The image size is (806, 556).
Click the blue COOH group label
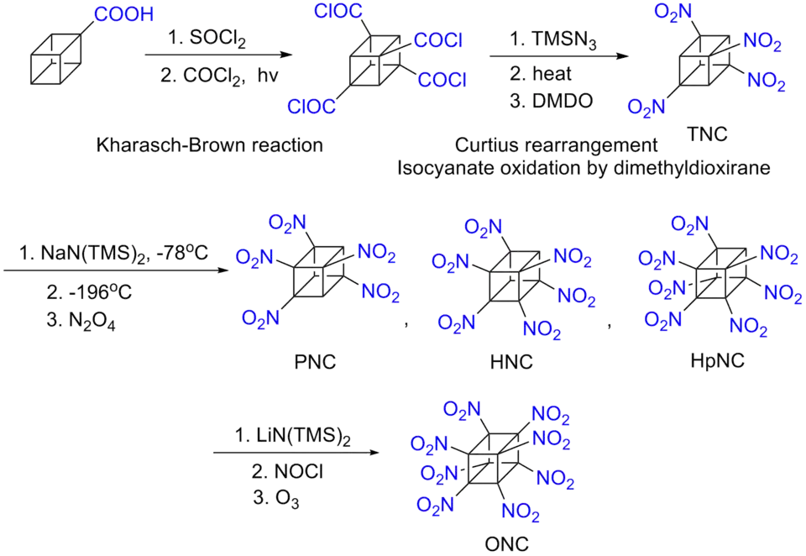(x=123, y=13)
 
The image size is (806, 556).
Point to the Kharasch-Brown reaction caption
(x=209, y=146)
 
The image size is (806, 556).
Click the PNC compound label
(x=315, y=363)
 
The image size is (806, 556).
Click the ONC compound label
(x=508, y=544)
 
